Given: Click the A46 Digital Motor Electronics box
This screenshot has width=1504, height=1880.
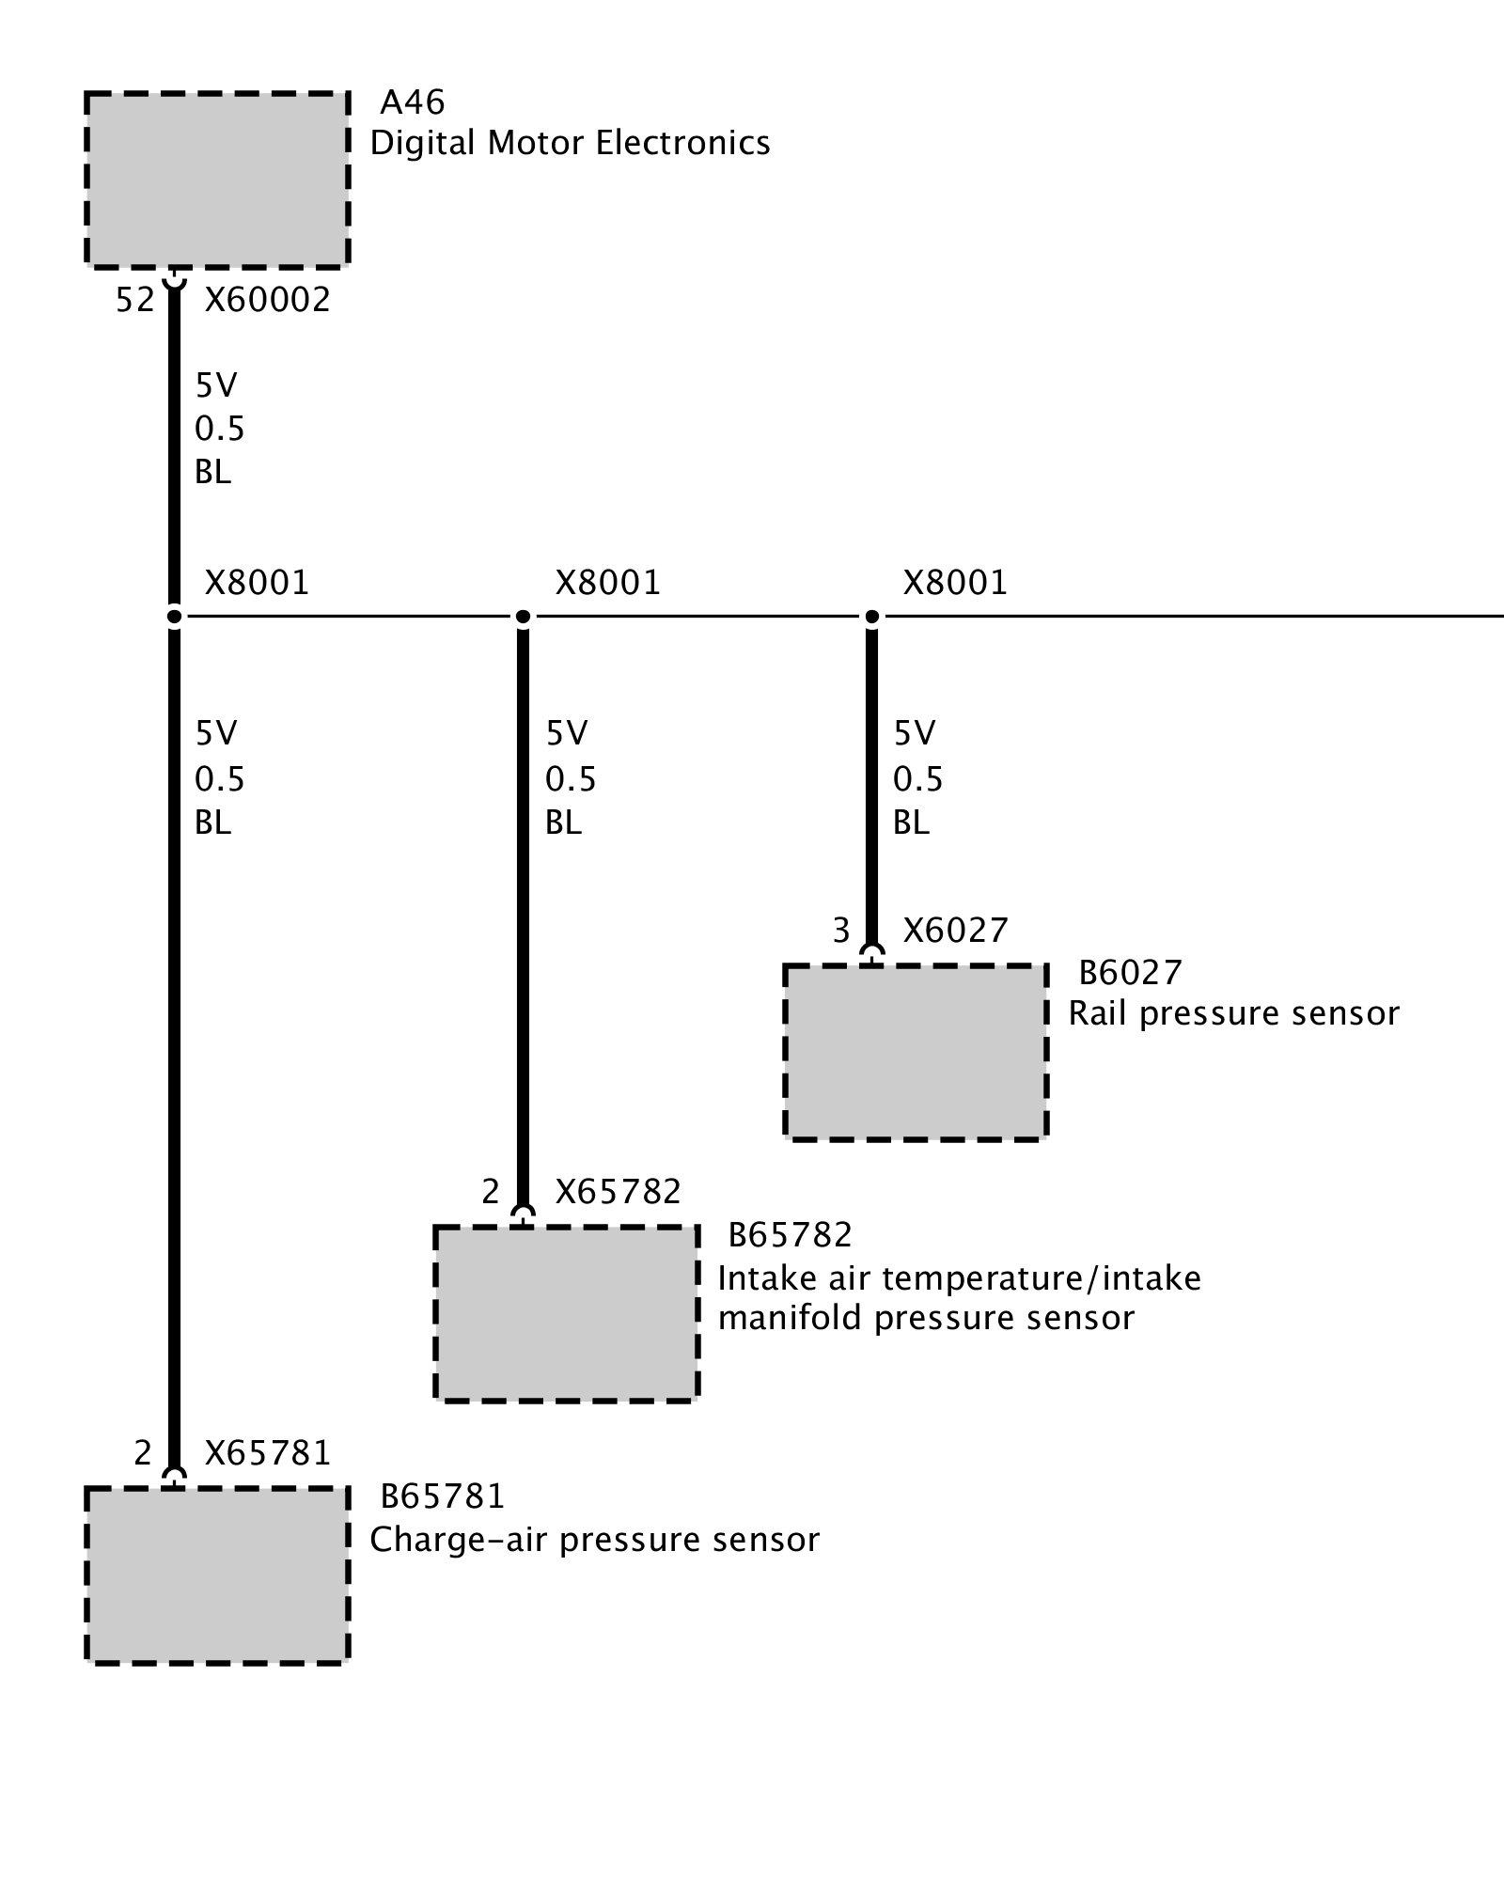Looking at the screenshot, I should point(217,180).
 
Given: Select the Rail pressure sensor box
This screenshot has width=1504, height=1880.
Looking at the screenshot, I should point(916,1052).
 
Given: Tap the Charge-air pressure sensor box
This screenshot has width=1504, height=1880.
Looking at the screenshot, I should point(217,1575).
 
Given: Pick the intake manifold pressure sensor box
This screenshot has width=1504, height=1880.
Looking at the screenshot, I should point(567,1313).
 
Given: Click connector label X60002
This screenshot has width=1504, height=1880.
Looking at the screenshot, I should point(268,300).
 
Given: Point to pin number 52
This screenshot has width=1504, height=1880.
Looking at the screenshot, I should point(134,300).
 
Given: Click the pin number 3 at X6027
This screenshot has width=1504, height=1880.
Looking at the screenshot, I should point(841,931).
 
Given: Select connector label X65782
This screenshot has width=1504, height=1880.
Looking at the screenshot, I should point(618,1192).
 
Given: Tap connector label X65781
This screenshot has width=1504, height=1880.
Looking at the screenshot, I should point(268,1453).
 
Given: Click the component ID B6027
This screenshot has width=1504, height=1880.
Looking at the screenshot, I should point(1130,973).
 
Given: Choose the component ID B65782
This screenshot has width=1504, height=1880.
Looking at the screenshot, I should point(790,1234).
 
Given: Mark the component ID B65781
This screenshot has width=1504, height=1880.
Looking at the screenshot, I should point(442,1496).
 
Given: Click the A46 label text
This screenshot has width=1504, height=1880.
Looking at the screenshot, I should point(412,102).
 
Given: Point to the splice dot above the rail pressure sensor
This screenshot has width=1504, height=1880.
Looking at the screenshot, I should point(872,617).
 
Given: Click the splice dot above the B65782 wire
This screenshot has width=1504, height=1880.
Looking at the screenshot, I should point(524,617).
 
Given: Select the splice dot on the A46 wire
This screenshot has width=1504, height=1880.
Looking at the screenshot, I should point(174,617).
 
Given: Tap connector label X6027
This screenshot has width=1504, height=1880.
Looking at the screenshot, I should point(955,931).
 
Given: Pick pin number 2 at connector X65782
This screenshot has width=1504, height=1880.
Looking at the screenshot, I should point(491,1192).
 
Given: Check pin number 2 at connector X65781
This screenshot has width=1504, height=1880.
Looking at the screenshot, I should point(142,1453).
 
